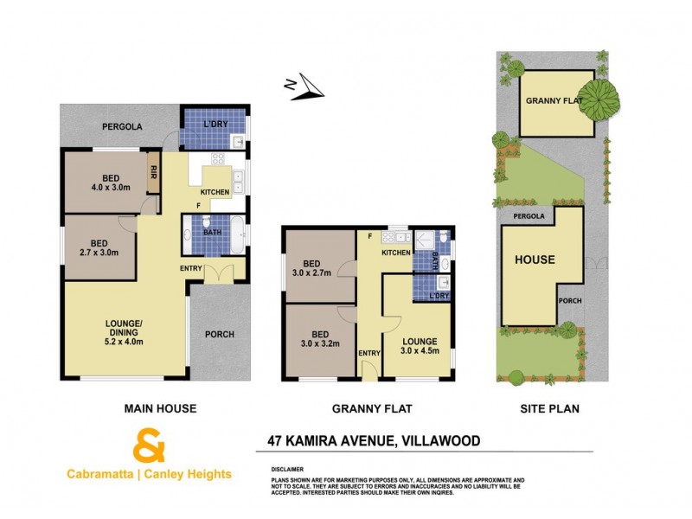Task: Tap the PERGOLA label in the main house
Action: [122, 127]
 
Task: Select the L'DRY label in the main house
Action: [215, 124]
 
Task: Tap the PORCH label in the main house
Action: [220, 335]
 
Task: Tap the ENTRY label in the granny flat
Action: [368, 353]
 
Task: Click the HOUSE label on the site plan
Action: [535, 259]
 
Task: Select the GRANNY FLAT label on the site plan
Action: [554, 100]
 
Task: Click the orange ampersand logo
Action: [149, 448]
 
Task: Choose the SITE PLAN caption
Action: [551, 408]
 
